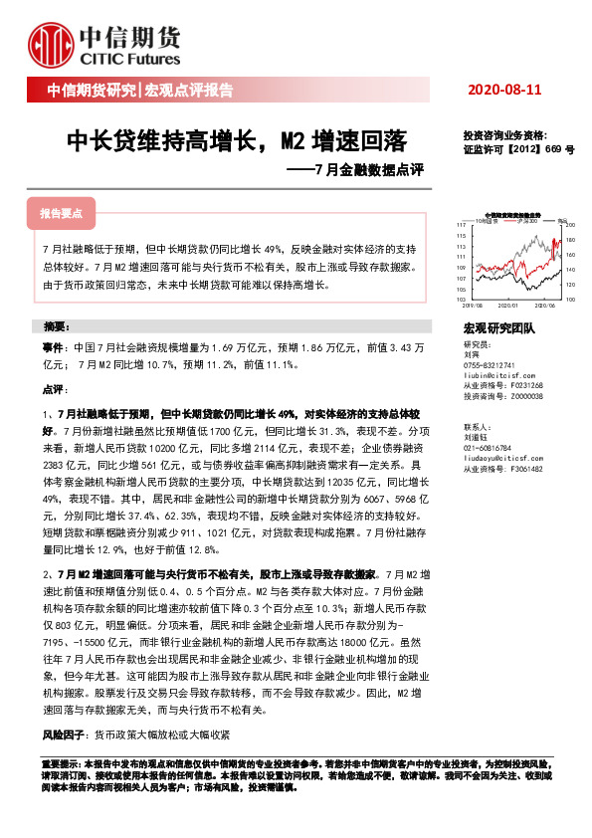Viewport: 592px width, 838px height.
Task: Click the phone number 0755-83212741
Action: (x=492, y=365)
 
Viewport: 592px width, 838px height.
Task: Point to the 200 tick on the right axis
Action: (x=570, y=226)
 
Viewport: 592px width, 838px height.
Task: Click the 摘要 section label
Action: (x=56, y=326)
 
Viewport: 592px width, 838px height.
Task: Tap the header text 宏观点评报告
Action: (x=189, y=91)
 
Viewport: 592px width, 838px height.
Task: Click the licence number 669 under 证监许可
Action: (x=551, y=147)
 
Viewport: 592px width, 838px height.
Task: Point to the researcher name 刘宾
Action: (x=471, y=354)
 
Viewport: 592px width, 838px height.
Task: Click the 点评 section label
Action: (x=52, y=390)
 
